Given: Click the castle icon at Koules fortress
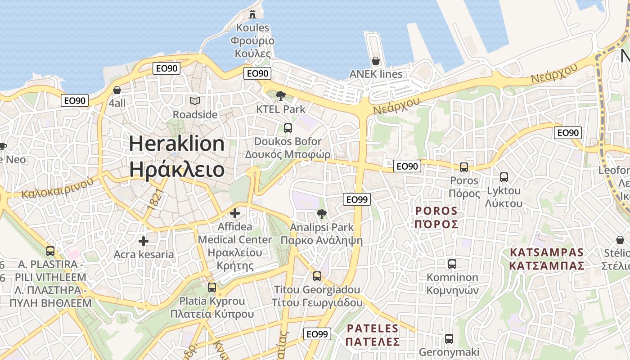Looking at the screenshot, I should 252,14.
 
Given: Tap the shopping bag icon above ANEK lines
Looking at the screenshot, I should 376,61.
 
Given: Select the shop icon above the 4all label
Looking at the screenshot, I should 117,90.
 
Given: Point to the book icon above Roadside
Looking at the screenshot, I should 195,101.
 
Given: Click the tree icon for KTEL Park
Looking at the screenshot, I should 281,95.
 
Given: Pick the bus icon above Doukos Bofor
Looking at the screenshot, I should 288,128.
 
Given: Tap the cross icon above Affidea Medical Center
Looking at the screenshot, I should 235,213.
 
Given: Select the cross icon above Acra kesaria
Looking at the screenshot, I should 144,242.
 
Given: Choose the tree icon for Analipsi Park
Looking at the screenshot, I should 321,214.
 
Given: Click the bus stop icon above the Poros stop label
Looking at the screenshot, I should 464,167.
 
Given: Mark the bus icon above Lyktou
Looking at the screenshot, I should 504,177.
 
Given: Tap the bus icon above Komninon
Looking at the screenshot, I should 452,264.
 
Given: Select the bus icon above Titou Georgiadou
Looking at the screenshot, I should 317,276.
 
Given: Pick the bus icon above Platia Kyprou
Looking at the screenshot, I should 212,287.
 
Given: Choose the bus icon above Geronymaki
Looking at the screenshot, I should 449,339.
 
